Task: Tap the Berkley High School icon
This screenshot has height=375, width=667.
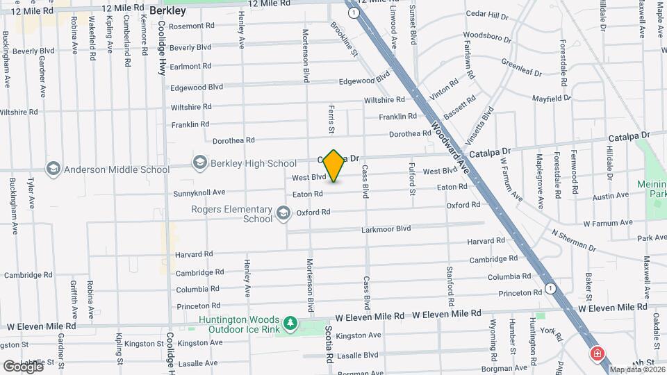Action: point(200,162)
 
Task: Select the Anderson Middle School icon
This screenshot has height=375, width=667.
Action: point(53,168)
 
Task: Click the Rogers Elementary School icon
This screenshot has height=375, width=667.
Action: point(283,212)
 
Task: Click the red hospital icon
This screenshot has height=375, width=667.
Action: point(596,354)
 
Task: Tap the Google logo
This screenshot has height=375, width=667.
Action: point(22,366)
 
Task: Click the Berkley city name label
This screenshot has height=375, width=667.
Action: point(167,11)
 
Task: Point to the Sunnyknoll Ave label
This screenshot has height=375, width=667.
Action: point(199,192)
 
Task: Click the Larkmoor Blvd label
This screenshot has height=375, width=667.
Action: point(386,228)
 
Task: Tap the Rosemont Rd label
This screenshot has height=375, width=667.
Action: point(192,26)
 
